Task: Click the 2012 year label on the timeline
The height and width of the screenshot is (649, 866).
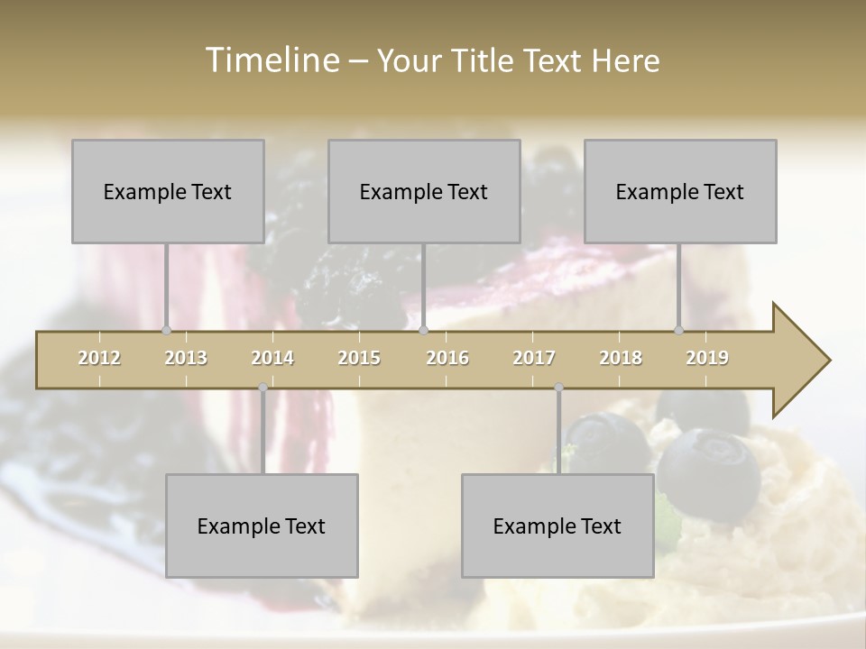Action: tap(99, 358)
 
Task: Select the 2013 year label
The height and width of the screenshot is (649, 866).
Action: tap(186, 358)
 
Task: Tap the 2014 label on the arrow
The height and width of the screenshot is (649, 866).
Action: tap(272, 358)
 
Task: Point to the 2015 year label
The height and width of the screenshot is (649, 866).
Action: tap(359, 358)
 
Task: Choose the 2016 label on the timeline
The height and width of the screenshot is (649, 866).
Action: tap(447, 358)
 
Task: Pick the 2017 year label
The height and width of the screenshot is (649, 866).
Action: tap(534, 358)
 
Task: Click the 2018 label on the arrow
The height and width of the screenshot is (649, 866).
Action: tap(621, 358)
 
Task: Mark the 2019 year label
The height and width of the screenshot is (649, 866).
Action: tap(707, 358)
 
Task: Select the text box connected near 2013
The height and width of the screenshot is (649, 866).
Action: tap(168, 191)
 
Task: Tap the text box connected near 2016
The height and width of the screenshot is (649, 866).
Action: tap(424, 191)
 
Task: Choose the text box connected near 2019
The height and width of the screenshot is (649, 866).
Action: tap(680, 191)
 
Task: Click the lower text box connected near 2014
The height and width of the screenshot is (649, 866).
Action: tap(262, 526)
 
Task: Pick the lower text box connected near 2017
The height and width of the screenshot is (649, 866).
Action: tap(557, 526)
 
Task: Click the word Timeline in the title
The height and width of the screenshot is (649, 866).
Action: tap(271, 60)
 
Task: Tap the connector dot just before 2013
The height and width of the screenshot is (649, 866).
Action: tap(166, 330)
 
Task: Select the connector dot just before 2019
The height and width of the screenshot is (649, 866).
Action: tap(679, 330)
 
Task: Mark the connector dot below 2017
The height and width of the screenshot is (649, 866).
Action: tap(559, 388)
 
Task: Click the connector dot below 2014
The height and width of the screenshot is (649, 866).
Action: tap(263, 388)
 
